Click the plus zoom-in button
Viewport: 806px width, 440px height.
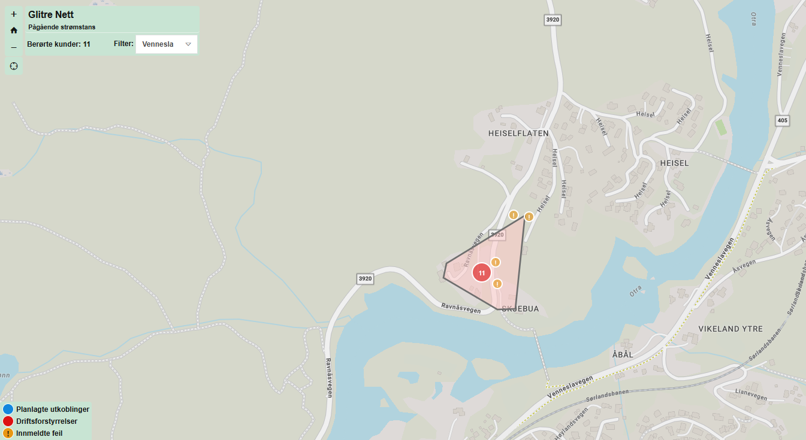pos(14,14)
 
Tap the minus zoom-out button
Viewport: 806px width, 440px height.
pos(14,47)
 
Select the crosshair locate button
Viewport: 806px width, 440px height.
pos(14,65)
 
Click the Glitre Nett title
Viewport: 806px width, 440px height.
pos(51,14)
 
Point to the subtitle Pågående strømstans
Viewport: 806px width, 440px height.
pos(62,27)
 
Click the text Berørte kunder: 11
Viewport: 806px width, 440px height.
pos(59,44)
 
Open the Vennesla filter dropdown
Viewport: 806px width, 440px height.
pos(167,44)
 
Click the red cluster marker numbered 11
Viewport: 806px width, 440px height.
pos(482,272)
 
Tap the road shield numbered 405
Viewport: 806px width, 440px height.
pos(782,120)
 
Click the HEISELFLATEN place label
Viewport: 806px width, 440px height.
pos(518,133)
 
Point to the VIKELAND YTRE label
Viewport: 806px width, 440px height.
pos(730,329)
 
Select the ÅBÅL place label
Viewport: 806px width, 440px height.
pos(623,354)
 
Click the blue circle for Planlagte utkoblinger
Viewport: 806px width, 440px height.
pos(8,409)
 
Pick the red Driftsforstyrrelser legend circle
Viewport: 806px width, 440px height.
pos(8,421)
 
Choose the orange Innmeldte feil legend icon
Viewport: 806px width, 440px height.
pos(8,433)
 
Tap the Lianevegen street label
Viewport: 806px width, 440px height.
pos(749,394)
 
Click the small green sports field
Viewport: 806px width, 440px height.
pos(720,128)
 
